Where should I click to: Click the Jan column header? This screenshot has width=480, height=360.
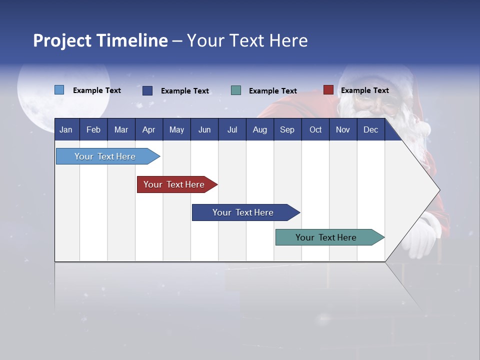click(x=66, y=129)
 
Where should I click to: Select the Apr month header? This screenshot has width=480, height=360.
click(x=149, y=129)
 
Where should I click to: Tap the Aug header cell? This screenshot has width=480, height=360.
click(x=260, y=129)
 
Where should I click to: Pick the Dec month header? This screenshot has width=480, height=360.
click(x=371, y=129)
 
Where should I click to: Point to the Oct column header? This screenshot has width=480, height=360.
click(x=315, y=129)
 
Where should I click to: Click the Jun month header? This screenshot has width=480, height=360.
click(x=204, y=129)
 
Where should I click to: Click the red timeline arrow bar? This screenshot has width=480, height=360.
click(x=175, y=184)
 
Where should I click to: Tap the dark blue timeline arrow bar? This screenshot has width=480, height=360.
click(x=243, y=212)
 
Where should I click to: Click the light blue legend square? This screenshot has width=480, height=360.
click(x=59, y=90)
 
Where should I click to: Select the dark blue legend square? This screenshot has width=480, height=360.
click(x=147, y=90)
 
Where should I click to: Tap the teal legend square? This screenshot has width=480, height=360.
click(x=236, y=90)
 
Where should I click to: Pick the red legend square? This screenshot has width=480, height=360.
click(x=328, y=90)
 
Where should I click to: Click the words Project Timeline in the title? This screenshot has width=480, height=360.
click(x=100, y=40)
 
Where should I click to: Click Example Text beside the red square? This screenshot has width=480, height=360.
click(x=364, y=90)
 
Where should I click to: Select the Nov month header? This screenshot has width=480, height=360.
click(x=343, y=129)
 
